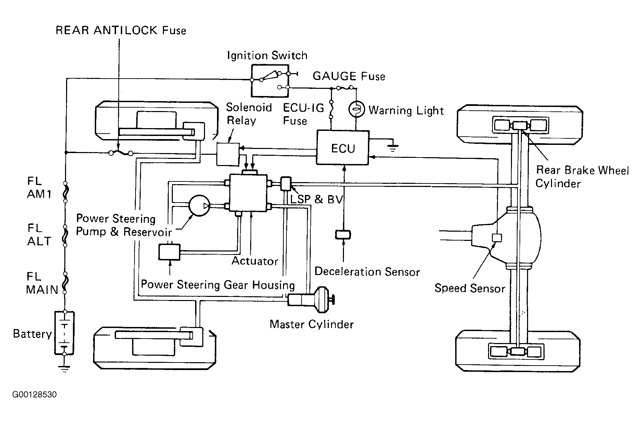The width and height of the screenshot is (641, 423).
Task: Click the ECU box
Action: (x=343, y=148)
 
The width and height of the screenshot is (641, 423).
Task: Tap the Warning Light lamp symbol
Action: (x=356, y=110)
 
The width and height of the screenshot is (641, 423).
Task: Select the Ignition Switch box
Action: (x=270, y=80)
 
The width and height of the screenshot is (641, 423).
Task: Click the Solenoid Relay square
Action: (x=228, y=154)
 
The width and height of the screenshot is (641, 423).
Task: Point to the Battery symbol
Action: (x=64, y=332)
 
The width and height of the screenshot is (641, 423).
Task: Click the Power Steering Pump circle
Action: (x=200, y=205)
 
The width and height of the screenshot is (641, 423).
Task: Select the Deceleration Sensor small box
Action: (x=343, y=235)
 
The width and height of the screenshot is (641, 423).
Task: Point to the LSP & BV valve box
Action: (x=286, y=184)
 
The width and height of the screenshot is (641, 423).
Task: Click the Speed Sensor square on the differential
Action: (x=497, y=237)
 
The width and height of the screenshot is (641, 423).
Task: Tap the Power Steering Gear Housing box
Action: (x=169, y=252)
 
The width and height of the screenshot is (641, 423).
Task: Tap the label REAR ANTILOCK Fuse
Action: (x=121, y=30)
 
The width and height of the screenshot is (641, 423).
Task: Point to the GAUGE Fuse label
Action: (x=349, y=76)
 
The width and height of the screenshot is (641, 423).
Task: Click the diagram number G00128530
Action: (x=35, y=395)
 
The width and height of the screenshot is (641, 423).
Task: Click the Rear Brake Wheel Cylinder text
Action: (x=582, y=177)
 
